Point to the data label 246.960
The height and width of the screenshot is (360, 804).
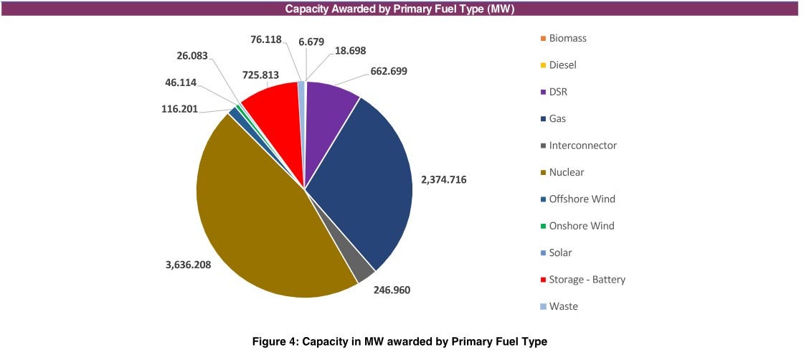(392, 290)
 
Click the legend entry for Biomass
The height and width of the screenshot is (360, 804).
(567, 38)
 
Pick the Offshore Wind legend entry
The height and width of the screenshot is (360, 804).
(582, 199)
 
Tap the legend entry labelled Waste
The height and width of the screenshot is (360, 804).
(563, 306)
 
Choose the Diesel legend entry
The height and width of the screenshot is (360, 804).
(562, 65)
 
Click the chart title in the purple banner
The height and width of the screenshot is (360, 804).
(399, 9)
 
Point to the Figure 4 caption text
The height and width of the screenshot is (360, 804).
(399, 341)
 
